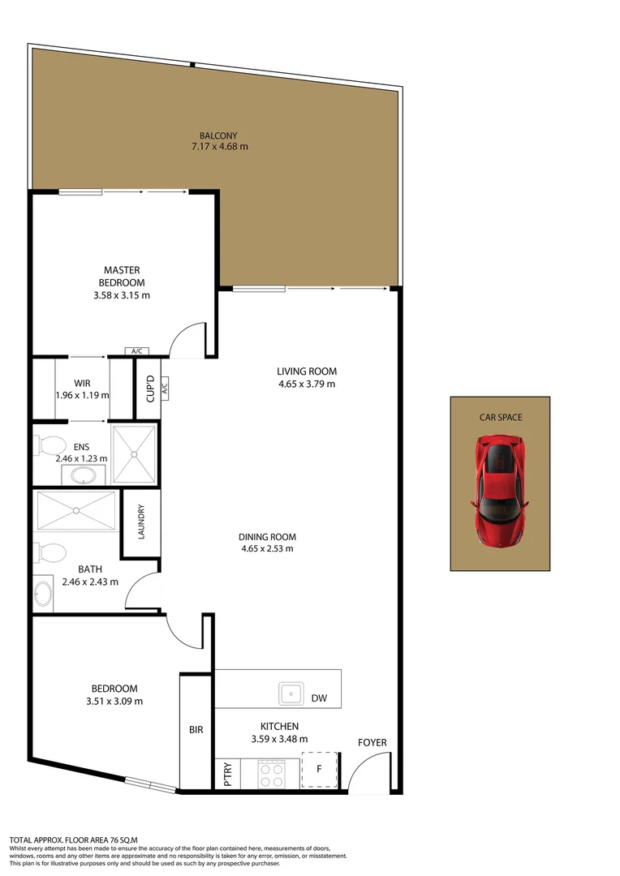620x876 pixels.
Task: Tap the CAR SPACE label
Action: pyautogui.click(x=500, y=417)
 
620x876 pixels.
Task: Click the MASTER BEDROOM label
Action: pyautogui.click(x=122, y=276)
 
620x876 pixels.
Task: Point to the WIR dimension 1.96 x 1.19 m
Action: pyautogui.click(x=82, y=395)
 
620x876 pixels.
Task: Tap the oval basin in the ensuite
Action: pyautogui.click(x=82, y=474)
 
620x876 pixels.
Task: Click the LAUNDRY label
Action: pyautogui.click(x=141, y=524)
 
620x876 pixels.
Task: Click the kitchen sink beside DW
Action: pyautogui.click(x=291, y=694)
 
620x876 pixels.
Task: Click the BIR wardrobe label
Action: pyautogui.click(x=196, y=730)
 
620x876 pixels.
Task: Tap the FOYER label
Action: pyautogui.click(x=372, y=742)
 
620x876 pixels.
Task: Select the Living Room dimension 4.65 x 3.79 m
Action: pyautogui.click(x=306, y=384)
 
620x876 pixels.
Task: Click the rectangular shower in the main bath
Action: pyautogui.click(x=76, y=510)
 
